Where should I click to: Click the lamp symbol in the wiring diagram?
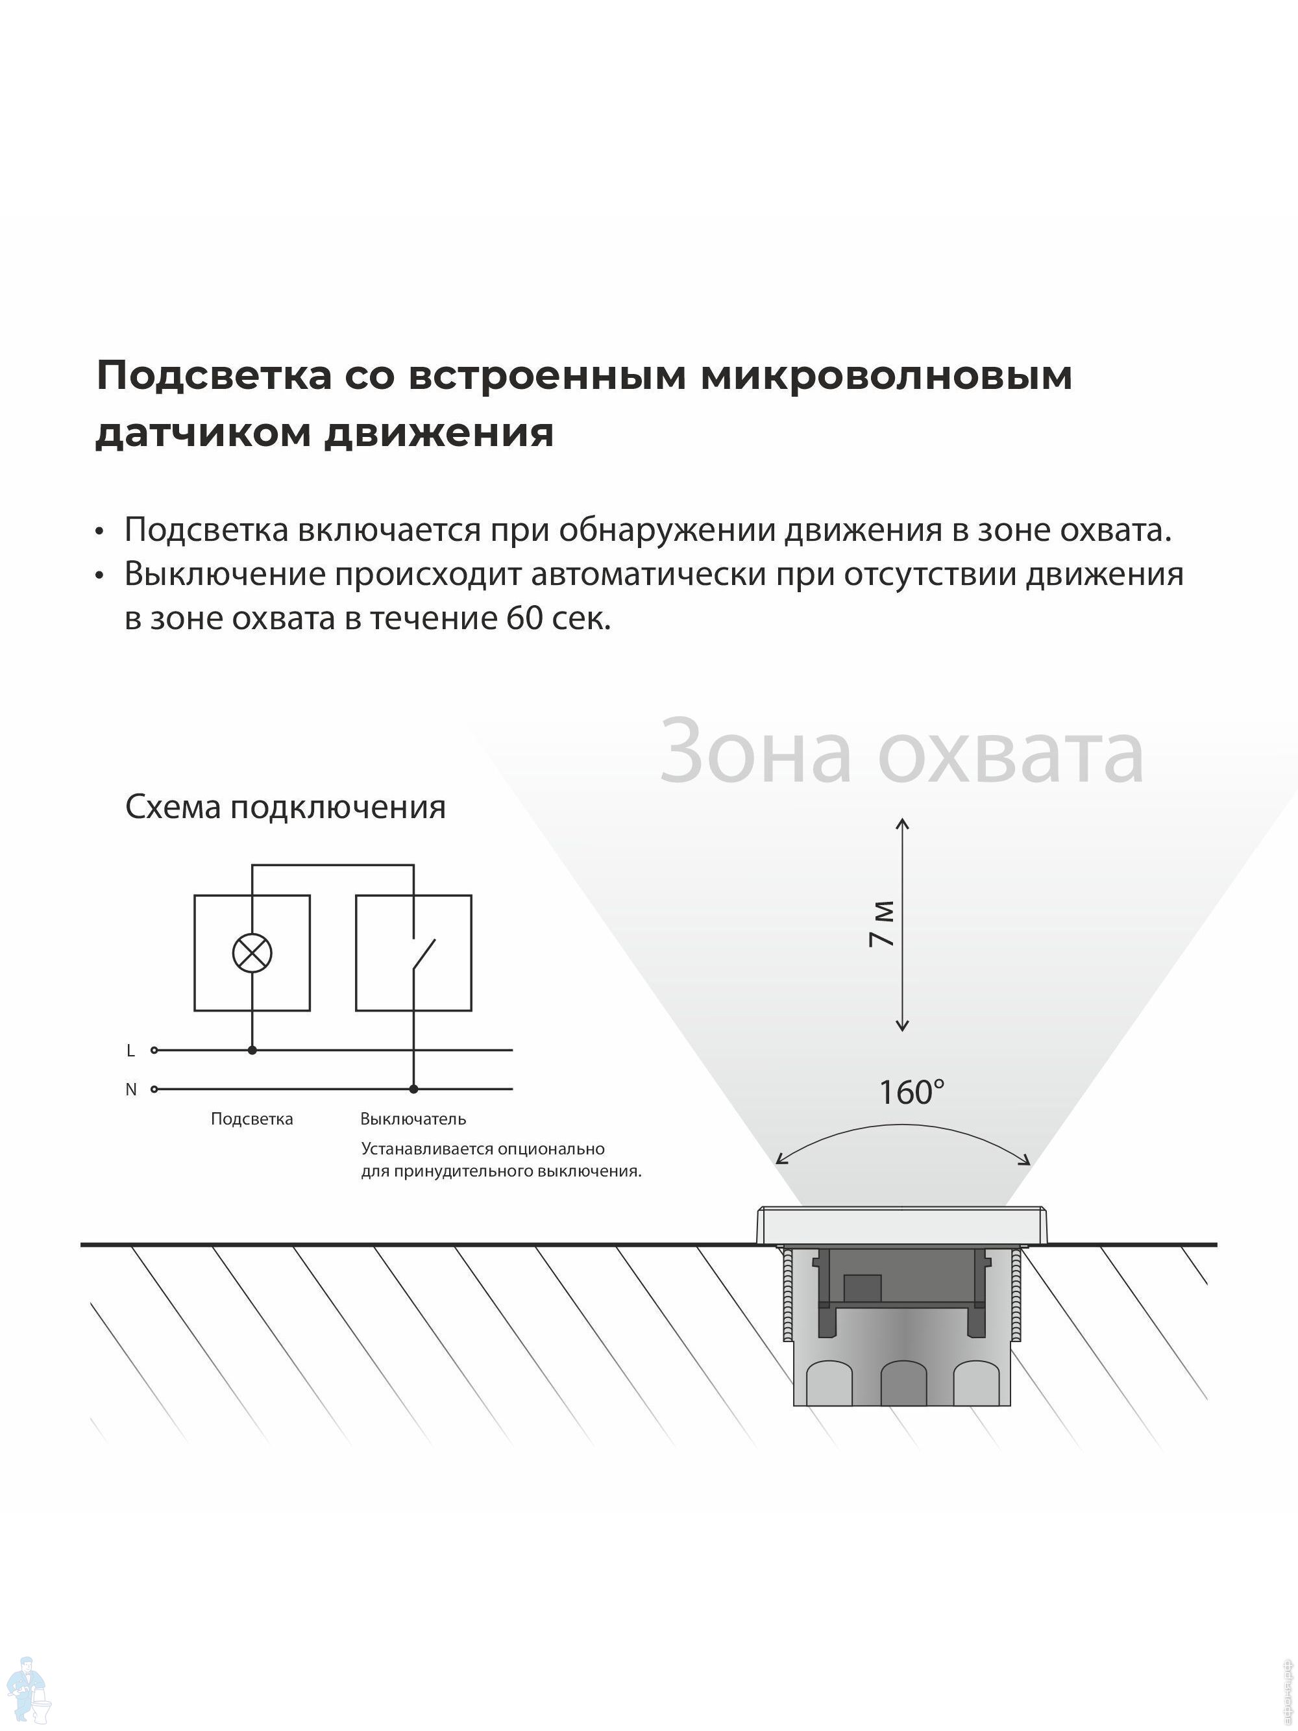[x=252, y=953]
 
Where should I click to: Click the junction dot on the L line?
[x=252, y=1050]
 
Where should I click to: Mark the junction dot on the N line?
[x=414, y=1088]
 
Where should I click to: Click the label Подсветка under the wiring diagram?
[x=252, y=1119]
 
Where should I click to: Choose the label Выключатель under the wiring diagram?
[x=413, y=1119]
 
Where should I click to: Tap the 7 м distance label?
[x=882, y=924]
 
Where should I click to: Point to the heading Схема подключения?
[x=286, y=807]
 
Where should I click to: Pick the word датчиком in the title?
[x=203, y=432]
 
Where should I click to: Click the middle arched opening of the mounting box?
[x=903, y=1384]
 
